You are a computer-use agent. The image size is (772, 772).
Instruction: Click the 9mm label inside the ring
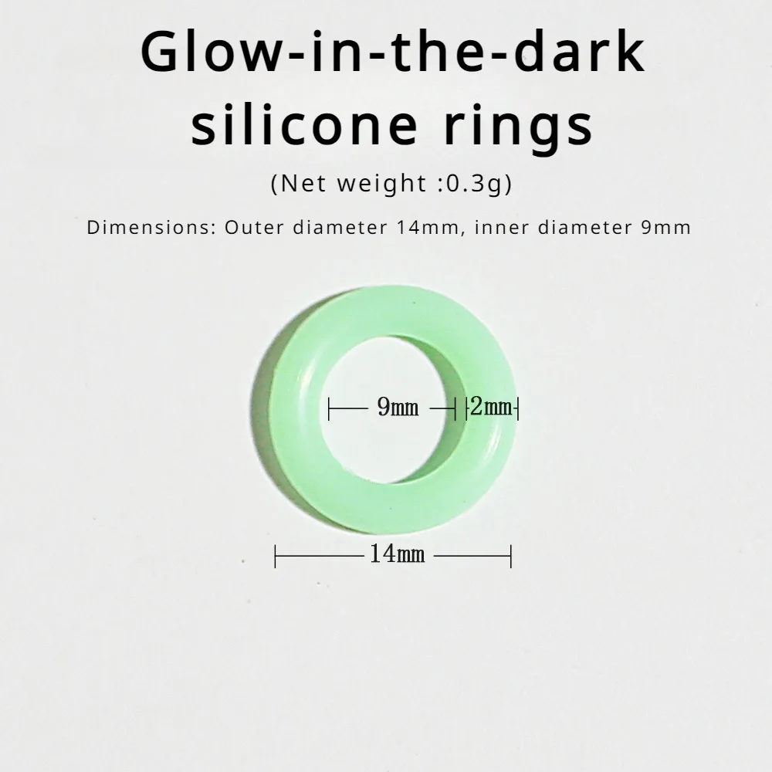tap(398, 408)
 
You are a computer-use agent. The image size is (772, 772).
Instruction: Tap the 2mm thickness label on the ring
tap(491, 407)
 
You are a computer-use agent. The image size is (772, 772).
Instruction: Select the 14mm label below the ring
tap(396, 554)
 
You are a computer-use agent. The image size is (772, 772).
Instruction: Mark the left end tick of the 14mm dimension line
tap(276, 555)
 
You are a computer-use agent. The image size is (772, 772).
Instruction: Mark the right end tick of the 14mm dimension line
tap(511, 555)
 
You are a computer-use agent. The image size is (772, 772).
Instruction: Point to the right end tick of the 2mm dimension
tap(516, 408)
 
